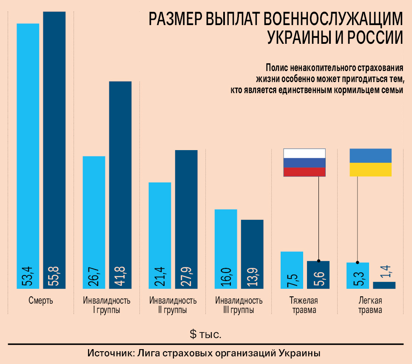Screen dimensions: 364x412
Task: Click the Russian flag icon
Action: [304, 162]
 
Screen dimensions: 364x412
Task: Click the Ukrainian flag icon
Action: [370, 162]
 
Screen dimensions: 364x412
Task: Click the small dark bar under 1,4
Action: [384, 285]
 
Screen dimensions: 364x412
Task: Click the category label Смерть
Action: [41, 301]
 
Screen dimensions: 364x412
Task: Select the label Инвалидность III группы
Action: [239, 305]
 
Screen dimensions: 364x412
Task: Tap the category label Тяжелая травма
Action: [304, 305]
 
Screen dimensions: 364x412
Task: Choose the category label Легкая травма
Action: [370, 305]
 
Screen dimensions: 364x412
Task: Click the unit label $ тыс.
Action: [206, 334]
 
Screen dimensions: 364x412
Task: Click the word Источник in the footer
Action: [110, 353]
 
